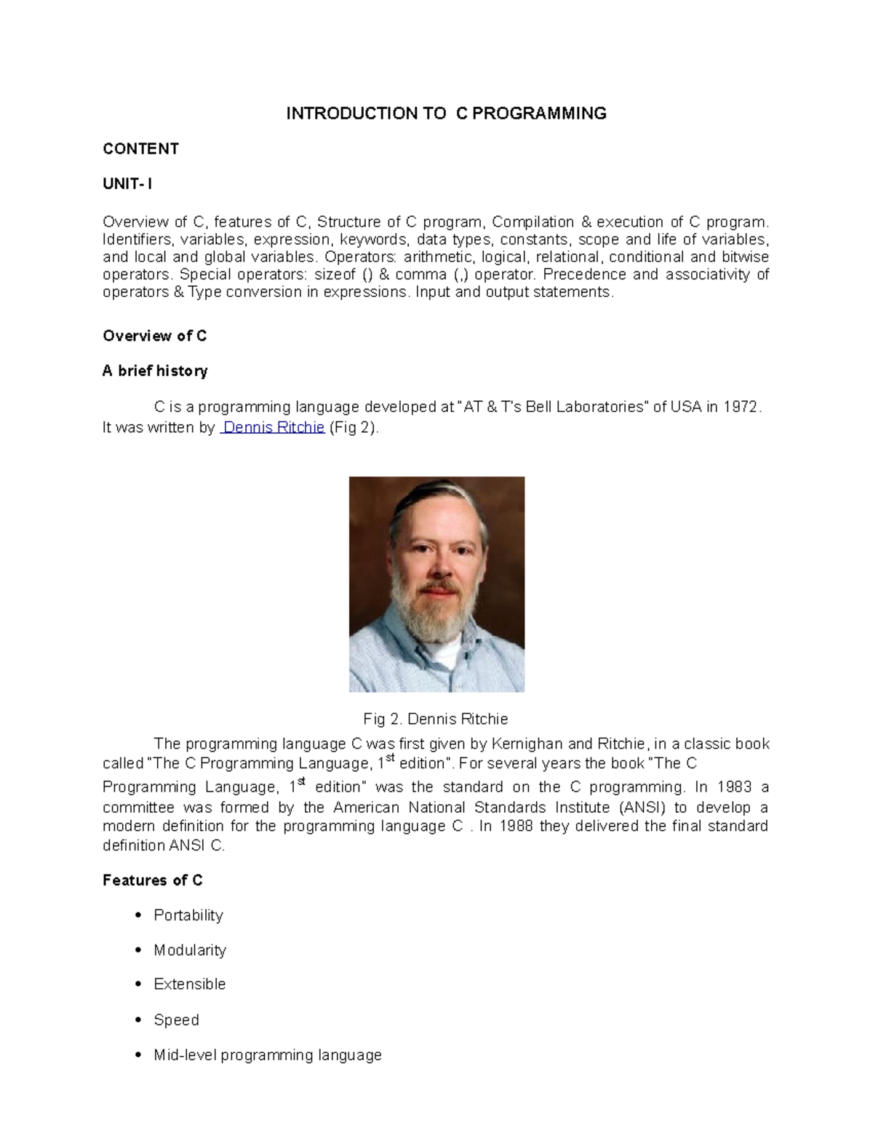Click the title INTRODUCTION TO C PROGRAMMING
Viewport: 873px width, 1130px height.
click(446, 114)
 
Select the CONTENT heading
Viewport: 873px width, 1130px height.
click(140, 149)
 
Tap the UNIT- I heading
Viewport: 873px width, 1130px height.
click(127, 184)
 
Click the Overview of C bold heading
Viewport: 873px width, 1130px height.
click(154, 336)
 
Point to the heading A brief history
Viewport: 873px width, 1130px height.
click(155, 371)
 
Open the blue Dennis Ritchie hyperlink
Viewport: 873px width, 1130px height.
click(273, 428)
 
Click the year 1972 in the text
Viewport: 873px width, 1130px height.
click(741, 407)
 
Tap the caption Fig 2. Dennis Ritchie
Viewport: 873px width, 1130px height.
click(435, 720)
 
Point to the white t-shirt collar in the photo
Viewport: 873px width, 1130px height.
click(445, 651)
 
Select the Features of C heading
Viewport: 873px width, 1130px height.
click(152, 881)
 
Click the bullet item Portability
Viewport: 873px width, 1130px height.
click(188, 915)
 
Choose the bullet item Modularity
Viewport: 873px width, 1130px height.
click(190, 950)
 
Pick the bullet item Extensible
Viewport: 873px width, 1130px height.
click(189, 984)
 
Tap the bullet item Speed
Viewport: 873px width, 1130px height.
click(176, 1020)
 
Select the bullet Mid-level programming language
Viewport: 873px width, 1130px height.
click(267, 1055)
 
